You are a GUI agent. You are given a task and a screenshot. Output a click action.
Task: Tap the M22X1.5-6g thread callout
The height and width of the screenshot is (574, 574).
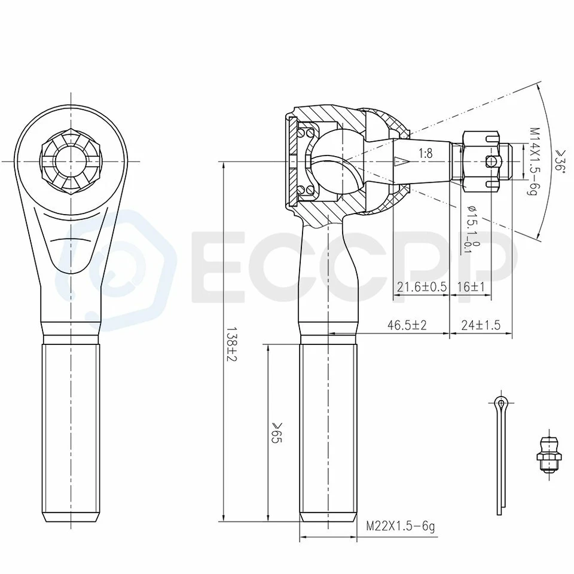click(x=400, y=526)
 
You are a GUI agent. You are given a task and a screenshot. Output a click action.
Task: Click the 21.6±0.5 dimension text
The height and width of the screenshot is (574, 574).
click(x=422, y=286)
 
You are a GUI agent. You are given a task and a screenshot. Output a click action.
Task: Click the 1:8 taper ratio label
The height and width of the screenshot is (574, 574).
click(x=425, y=153)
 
